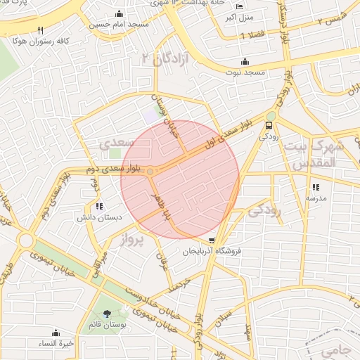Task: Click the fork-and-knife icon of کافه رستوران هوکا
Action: point(40,30)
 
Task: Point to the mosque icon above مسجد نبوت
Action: point(245,61)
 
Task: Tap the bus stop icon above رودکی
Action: point(269,126)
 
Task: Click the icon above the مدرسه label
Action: point(316,187)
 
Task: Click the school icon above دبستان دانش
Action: point(99,207)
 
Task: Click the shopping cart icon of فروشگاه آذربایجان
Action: point(212,240)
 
